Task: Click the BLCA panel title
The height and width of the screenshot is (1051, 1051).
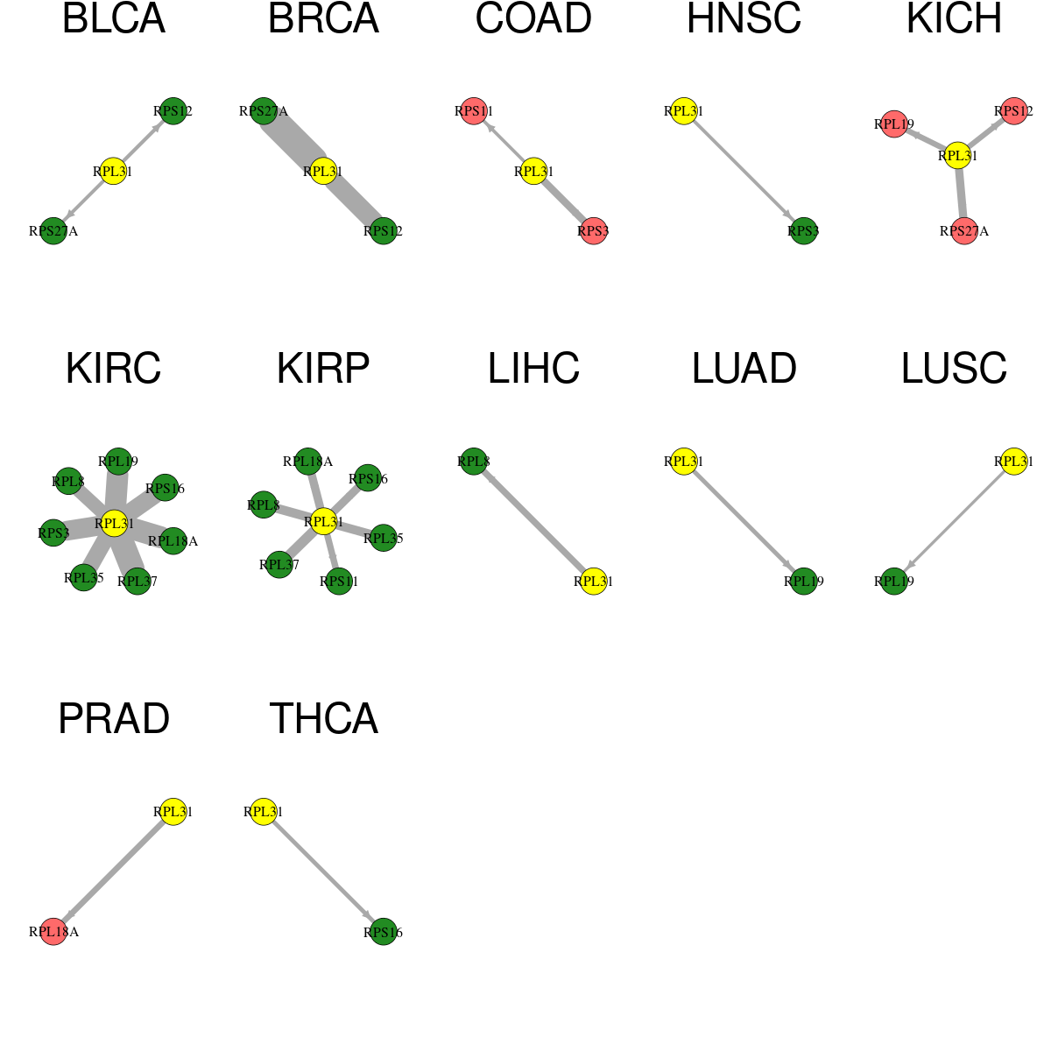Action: [x=114, y=18]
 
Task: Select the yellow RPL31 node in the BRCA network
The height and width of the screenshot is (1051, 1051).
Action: [x=323, y=172]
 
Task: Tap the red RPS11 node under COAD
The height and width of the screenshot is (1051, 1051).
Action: [x=474, y=111]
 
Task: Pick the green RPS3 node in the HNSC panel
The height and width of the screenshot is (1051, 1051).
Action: [x=803, y=231]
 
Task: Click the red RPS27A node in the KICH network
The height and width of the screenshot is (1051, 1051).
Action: [x=964, y=231]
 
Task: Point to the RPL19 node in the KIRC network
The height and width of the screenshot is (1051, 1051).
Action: [x=118, y=462]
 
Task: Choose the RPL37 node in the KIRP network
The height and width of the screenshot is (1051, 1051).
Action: [x=279, y=565]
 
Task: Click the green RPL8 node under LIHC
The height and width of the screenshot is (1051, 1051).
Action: [x=474, y=462]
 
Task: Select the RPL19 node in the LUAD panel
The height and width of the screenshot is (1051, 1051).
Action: [x=803, y=582]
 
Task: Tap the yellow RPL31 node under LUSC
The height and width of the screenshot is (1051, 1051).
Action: [x=1013, y=462]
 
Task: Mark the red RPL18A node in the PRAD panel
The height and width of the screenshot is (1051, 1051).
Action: [x=53, y=932]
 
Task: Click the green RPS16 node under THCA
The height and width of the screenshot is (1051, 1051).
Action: [x=383, y=932]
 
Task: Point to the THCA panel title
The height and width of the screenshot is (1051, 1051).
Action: [x=323, y=719]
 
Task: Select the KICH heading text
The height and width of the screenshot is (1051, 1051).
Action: [x=954, y=18]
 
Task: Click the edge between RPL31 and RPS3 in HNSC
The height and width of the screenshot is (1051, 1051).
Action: [x=744, y=172]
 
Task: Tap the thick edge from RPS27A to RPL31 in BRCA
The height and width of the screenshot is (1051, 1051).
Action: [x=293, y=141]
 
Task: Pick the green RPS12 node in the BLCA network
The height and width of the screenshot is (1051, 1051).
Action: [x=173, y=111]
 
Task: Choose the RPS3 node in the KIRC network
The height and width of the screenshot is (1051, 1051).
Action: [x=53, y=533]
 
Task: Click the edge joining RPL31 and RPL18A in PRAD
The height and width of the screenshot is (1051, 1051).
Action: [x=114, y=871]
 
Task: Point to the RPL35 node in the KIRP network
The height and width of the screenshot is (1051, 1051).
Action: [x=383, y=538]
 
